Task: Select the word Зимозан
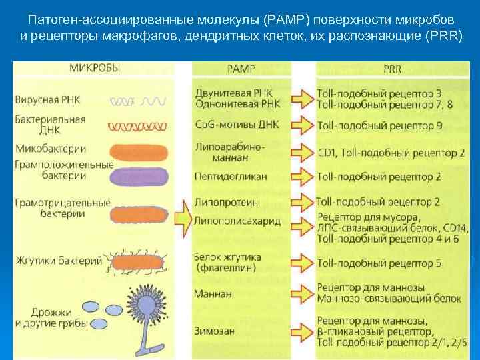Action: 215,328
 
